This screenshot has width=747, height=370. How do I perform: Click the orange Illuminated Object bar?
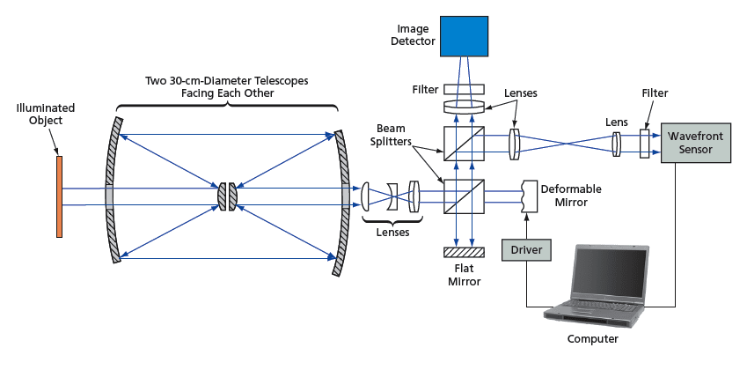[x=60, y=196]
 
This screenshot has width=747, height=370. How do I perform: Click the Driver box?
[x=526, y=250]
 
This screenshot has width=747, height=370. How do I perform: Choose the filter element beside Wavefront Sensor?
[x=645, y=143]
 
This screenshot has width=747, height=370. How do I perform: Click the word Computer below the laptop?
[x=593, y=338]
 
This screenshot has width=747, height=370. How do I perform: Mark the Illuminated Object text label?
[x=45, y=115]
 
